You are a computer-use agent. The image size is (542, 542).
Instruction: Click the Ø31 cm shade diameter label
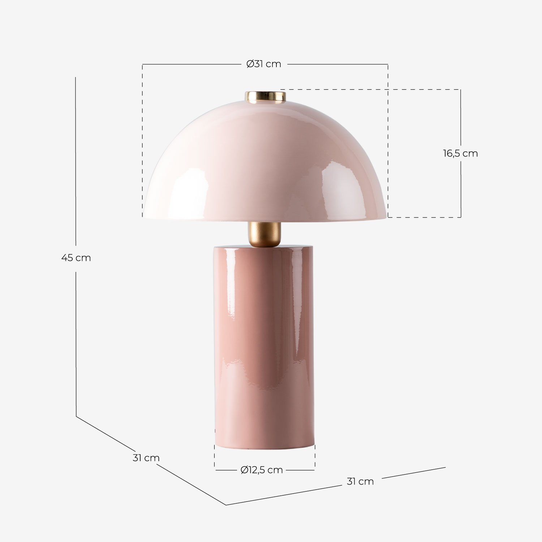click(x=263, y=64)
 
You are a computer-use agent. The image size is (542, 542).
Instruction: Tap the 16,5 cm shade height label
click(x=460, y=153)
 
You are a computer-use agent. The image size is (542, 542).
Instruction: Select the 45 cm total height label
click(x=76, y=258)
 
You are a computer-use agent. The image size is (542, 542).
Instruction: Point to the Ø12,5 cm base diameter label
click(x=262, y=470)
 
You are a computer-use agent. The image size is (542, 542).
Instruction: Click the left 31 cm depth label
click(x=146, y=458)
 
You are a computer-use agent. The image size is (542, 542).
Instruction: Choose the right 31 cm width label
click(x=360, y=481)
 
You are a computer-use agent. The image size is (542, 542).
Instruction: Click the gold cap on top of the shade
click(x=266, y=97)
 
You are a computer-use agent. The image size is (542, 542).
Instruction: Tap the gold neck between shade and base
click(x=264, y=234)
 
